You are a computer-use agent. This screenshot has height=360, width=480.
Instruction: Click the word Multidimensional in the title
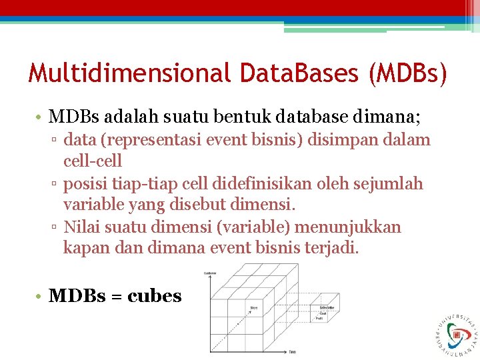[125, 73]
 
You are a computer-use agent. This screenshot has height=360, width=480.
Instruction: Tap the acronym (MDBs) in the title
[407, 73]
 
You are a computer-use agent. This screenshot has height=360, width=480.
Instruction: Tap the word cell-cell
[93, 161]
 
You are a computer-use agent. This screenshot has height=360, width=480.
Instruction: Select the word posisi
[85, 183]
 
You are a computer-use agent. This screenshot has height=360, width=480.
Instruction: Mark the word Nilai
[82, 227]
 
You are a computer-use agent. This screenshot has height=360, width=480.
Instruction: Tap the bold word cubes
[154, 297]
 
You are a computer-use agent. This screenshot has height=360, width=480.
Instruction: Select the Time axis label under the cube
[292, 351]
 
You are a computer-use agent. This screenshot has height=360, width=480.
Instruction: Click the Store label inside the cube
[255, 307]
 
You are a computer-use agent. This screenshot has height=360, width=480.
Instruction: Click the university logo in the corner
[457, 331]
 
